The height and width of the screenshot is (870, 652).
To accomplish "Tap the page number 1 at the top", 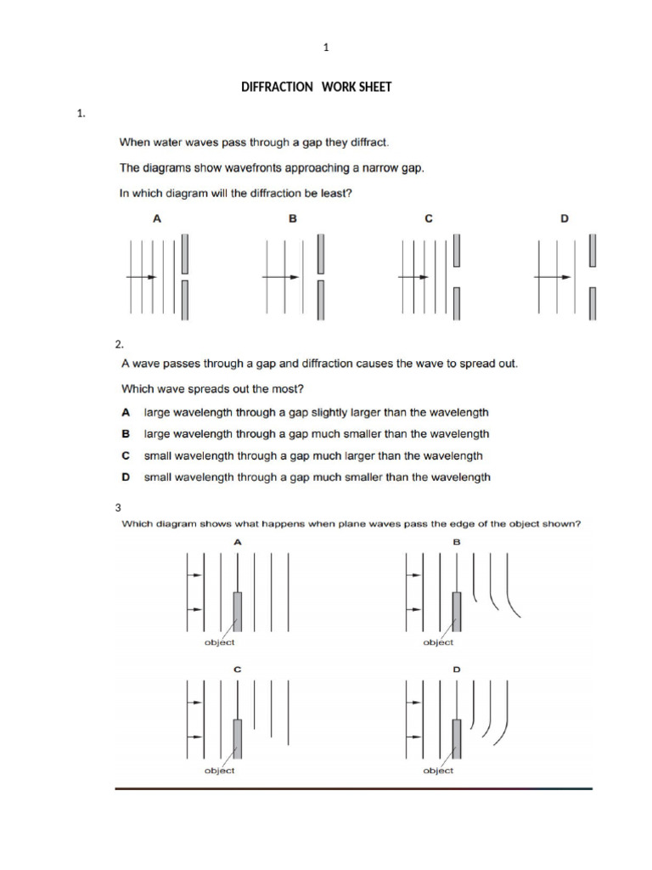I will coord(326,48).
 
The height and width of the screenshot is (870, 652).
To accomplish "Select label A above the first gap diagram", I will coord(156,218).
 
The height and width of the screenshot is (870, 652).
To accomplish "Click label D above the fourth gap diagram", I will coord(565,218).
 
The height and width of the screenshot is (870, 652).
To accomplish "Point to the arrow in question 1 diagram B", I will coord(277,277).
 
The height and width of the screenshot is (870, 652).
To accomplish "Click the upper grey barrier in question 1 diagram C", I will coord(457,250).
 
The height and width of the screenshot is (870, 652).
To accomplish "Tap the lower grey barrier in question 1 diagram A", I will coord(184,301).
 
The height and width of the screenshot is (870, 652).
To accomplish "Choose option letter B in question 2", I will coord(126,433).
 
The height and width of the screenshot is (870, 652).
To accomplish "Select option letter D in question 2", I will coord(126,477).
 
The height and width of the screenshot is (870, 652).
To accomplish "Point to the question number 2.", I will coord(119,344).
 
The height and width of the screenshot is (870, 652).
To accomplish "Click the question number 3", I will coord(118,507).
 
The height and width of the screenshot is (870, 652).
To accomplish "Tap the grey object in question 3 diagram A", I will coord(237,611).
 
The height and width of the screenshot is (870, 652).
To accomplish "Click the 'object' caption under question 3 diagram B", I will coord(438,642).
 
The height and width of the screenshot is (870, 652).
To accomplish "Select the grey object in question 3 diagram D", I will coord(457,739).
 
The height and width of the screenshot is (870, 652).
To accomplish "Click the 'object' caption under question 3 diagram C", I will coord(220,771).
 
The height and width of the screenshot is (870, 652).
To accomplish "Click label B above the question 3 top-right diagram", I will coord(457,540).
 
